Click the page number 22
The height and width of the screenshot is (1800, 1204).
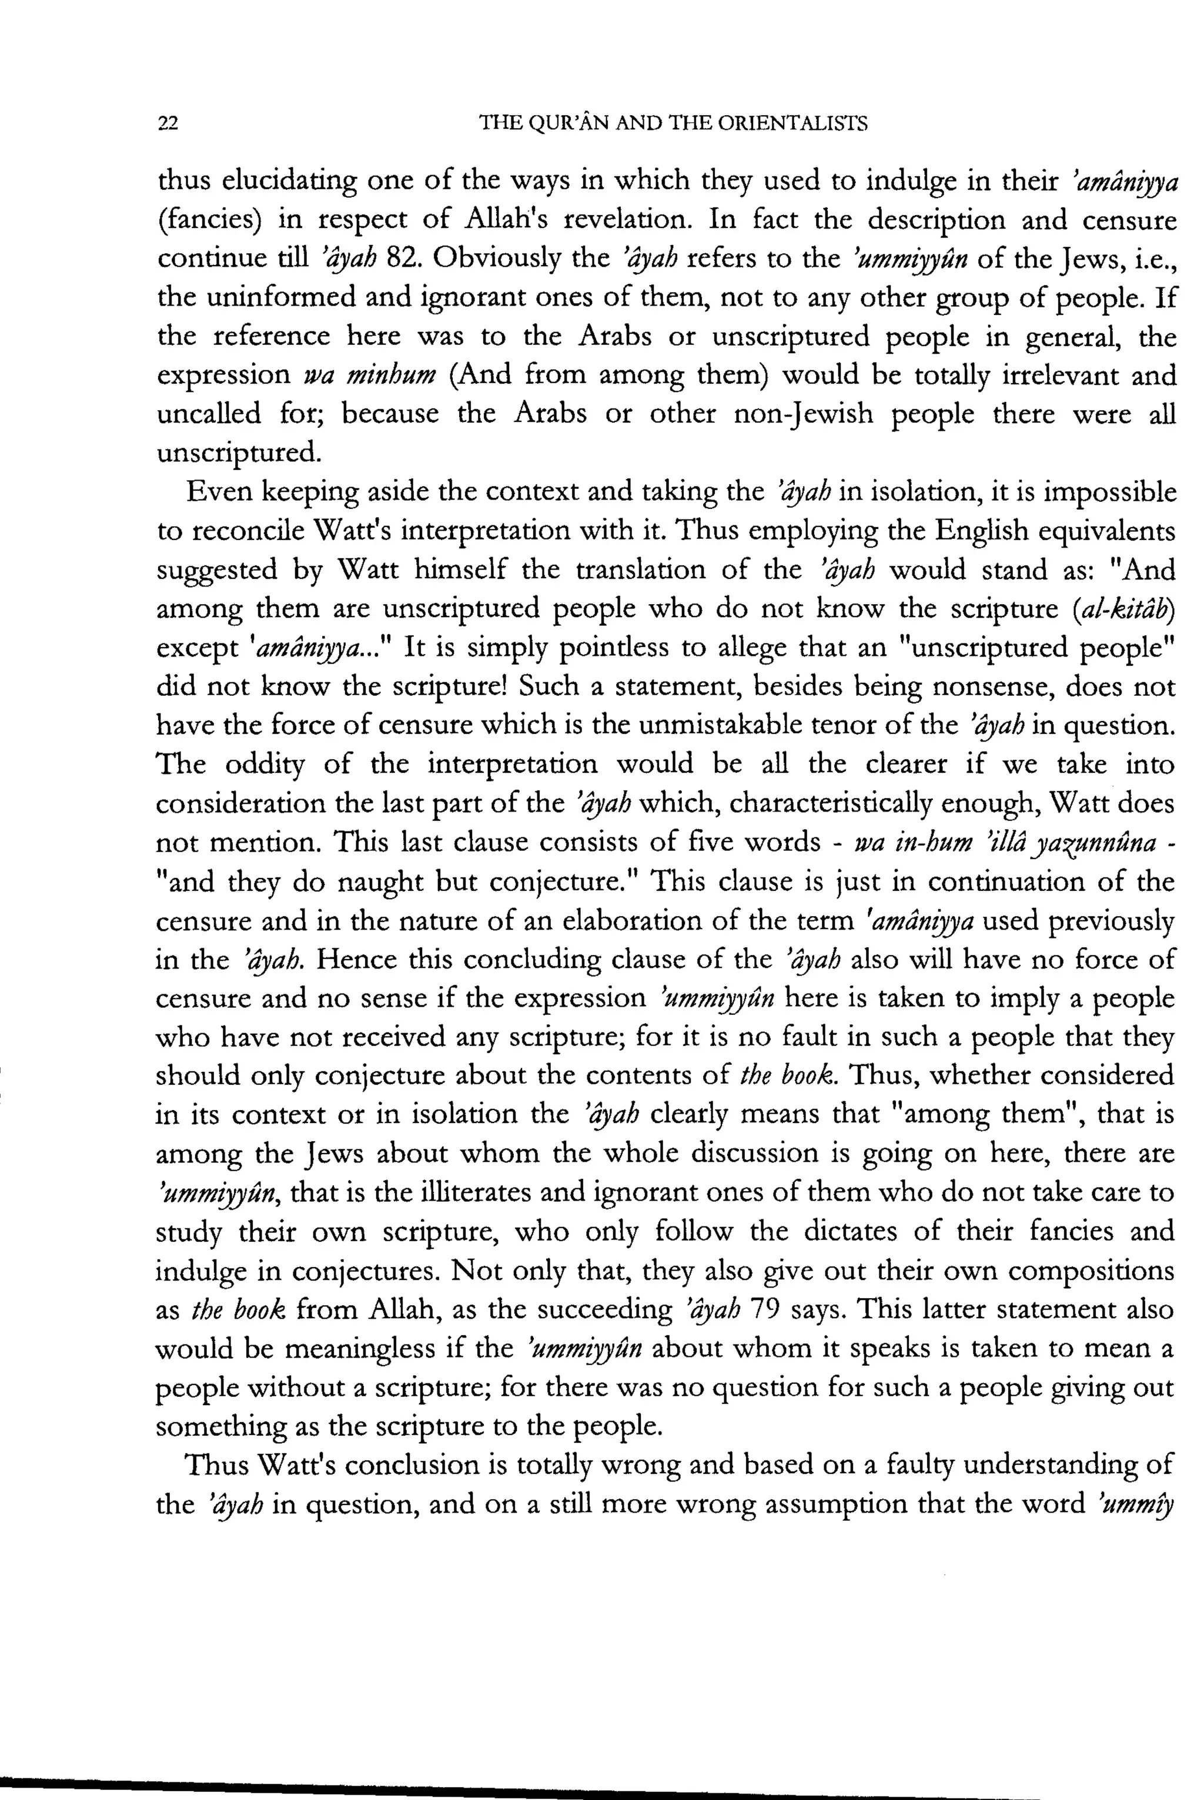click(168, 123)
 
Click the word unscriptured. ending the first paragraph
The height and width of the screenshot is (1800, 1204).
click(239, 454)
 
